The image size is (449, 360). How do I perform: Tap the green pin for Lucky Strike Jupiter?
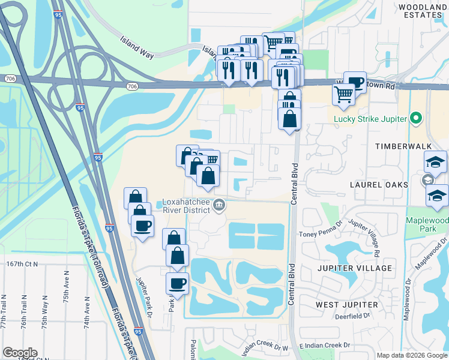tap(414, 118)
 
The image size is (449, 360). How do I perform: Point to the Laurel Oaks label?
tap(379, 185)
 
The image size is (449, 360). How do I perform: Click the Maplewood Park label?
tap(427, 224)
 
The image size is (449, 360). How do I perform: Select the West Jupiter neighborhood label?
tap(347, 305)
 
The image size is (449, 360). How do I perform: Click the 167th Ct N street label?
tap(19, 263)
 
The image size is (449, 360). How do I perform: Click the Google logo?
tap(20, 353)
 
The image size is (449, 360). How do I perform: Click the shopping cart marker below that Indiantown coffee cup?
tap(343, 95)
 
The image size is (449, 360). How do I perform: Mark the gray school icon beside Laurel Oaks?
tap(428, 180)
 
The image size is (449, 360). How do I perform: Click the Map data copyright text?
tap(411, 355)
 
